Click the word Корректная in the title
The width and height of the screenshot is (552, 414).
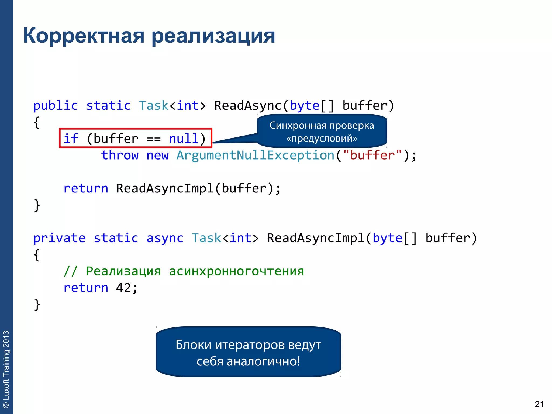tap(84, 36)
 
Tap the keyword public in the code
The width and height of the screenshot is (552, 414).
tap(56, 106)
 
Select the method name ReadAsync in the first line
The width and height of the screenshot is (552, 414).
tap(248, 106)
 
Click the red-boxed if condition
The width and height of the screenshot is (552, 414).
tap(136, 138)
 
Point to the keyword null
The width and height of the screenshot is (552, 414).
tap(184, 139)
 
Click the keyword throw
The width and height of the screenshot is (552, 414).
tap(120, 155)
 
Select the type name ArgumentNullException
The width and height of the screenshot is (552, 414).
tap(255, 155)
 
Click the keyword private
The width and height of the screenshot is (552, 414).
tap(59, 238)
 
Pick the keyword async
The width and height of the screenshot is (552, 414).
tap(165, 238)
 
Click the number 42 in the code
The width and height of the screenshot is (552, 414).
tap(123, 288)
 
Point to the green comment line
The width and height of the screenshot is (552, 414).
tap(184, 271)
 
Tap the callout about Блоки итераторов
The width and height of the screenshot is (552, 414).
tap(248, 352)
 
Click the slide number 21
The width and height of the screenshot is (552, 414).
tap(539, 404)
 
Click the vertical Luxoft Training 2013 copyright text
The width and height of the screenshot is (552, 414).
tap(6, 369)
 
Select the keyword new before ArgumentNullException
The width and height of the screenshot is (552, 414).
tap(157, 155)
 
